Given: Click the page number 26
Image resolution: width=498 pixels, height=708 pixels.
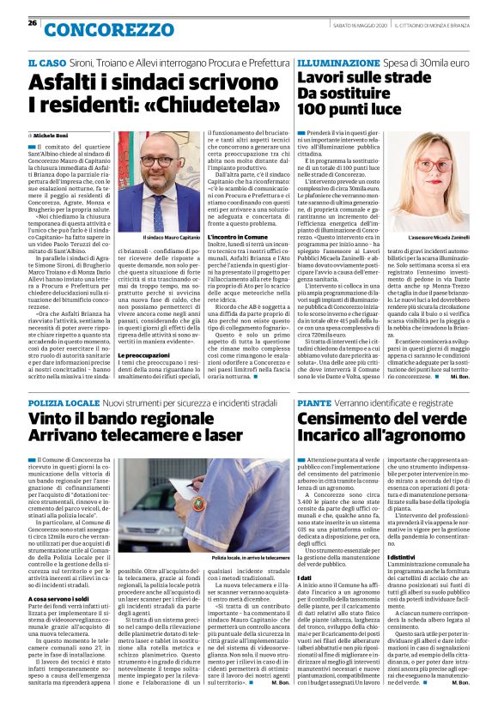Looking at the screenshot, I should [x=33, y=22].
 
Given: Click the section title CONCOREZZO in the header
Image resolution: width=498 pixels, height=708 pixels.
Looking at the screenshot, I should [x=89, y=28].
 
